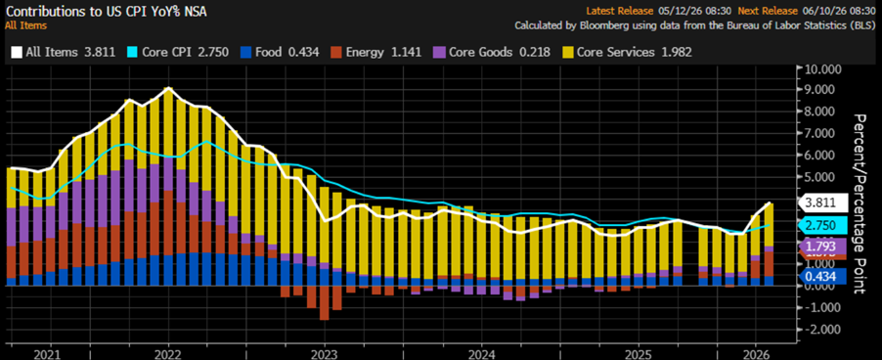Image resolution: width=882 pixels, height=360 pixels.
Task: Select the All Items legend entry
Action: point(63,52)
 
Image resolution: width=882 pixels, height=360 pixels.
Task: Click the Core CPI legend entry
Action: point(178,52)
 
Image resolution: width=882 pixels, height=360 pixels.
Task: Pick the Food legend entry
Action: point(279,52)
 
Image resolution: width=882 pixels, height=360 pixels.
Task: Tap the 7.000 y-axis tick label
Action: point(824,134)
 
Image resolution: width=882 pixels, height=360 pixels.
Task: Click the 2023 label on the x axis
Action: point(324,354)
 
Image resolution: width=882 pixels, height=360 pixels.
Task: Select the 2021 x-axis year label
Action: point(51,354)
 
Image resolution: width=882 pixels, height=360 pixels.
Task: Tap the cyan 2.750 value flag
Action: point(822,226)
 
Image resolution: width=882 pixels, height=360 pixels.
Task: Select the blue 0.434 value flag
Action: point(822,276)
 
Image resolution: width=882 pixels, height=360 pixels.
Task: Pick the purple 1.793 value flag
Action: point(822,246)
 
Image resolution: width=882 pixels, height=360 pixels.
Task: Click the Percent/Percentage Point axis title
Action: point(860,203)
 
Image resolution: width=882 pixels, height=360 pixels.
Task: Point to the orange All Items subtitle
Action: point(25,25)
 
